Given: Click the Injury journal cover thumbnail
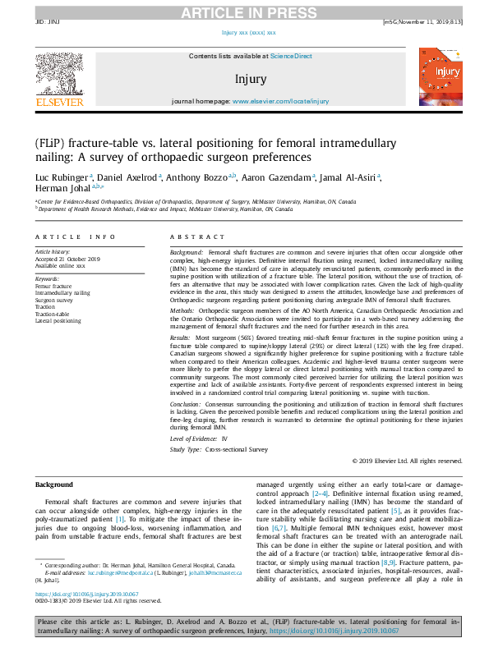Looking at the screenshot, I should [435, 80].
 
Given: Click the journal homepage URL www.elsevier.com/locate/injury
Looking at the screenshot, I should [280, 102].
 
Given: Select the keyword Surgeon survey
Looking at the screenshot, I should [54, 301].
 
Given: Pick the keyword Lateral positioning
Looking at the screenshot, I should [58, 321].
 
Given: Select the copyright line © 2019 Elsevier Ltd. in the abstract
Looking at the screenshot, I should [405, 462].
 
